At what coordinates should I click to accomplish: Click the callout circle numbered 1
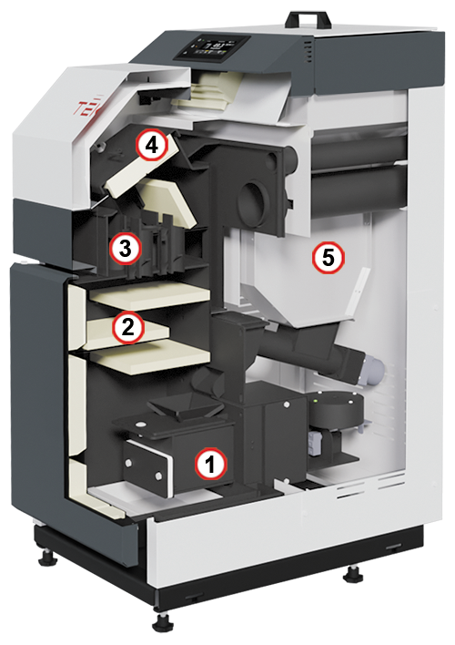pyautogui.click(x=210, y=464)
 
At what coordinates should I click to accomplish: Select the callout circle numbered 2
pyautogui.click(x=127, y=328)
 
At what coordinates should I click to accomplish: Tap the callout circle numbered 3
pyautogui.click(x=126, y=249)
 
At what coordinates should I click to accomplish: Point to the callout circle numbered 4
pyautogui.click(x=153, y=145)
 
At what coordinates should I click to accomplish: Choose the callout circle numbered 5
pyautogui.click(x=328, y=259)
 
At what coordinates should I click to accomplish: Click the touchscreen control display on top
pyautogui.click(x=213, y=48)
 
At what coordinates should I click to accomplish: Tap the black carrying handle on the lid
pyautogui.click(x=309, y=19)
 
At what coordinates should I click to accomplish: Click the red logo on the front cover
pyautogui.click(x=87, y=107)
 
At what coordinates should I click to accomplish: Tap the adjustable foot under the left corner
pyautogui.click(x=46, y=556)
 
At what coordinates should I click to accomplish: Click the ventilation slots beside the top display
pyautogui.click(x=308, y=52)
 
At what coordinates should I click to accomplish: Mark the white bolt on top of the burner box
pyautogui.click(x=141, y=425)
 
